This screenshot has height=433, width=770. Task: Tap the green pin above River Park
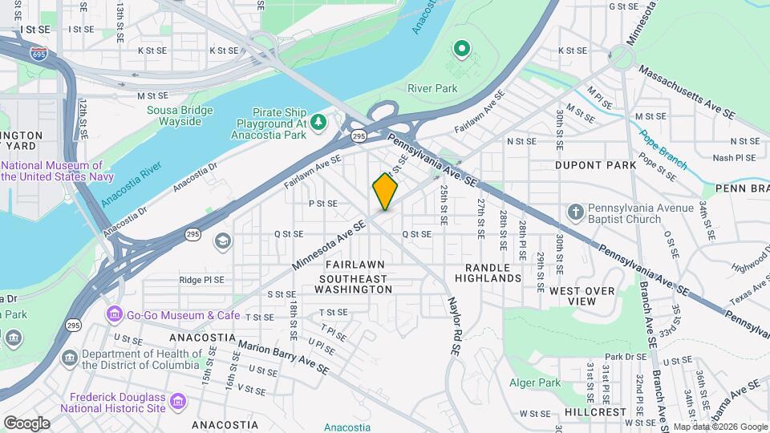point(461,50)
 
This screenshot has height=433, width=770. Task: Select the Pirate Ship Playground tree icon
point(319,121)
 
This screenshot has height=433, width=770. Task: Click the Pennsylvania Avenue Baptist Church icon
point(575,212)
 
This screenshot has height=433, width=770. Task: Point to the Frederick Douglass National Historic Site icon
point(178,400)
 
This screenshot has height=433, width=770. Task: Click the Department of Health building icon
point(70,356)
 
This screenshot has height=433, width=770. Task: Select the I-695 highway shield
point(38,53)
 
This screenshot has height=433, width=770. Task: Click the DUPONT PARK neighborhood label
point(590,164)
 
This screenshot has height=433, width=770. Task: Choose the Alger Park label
point(534,383)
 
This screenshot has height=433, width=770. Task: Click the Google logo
point(26,423)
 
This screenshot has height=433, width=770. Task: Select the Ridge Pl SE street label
point(201,280)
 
